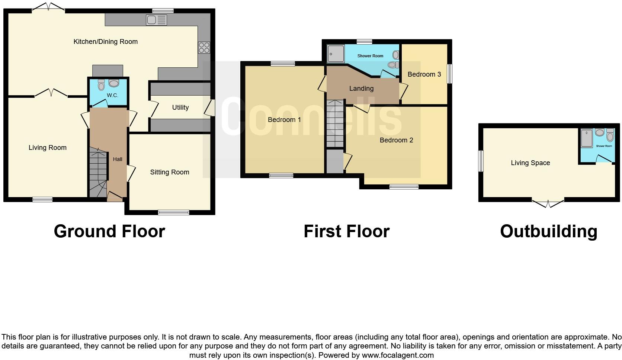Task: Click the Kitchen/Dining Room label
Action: pos(105,42)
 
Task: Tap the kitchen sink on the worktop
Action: pos(156,20)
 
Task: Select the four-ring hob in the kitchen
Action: pos(204,48)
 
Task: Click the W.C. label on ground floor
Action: pos(112,96)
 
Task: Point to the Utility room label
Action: pos(180,107)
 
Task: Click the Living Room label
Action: pos(48,148)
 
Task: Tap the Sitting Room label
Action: pos(170,172)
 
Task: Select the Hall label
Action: pos(118,159)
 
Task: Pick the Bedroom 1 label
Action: pos(284,120)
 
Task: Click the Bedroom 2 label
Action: pos(396,140)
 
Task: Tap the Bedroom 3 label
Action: pos(424,74)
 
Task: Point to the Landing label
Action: pos(361,89)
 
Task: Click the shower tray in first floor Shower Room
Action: pos(336,54)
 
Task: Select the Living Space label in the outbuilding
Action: pos(530,163)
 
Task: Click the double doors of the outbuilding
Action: pos(548,203)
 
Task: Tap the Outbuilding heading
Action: pos(548,231)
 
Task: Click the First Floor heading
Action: pos(346,231)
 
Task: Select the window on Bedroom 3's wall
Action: pos(449,74)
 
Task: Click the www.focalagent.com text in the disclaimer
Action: pos(398,355)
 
